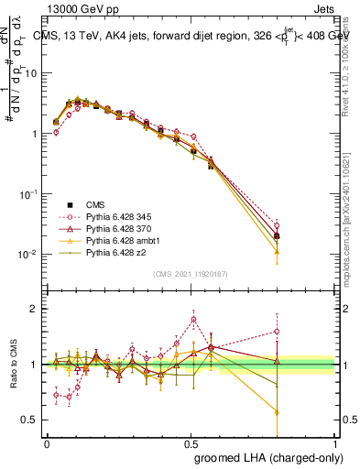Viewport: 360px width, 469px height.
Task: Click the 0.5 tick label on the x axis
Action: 191,442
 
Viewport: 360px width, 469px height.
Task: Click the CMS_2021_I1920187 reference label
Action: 191,273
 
